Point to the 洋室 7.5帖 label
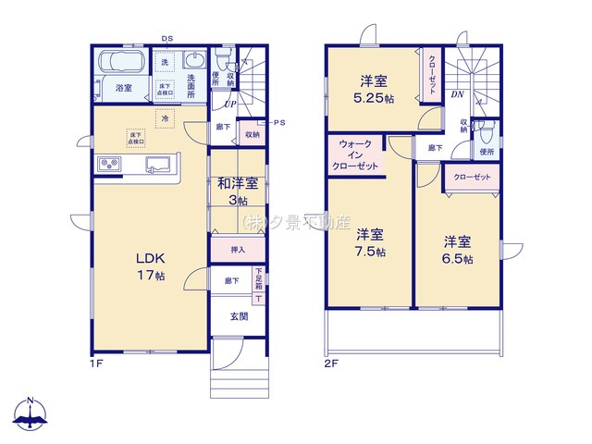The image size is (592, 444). [x=370, y=241]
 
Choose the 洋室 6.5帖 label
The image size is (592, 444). [x=457, y=250]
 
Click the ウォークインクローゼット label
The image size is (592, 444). [x=356, y=155]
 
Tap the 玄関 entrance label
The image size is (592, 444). [x=239, y=316]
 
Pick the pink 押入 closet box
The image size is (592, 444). [x=238, y=250]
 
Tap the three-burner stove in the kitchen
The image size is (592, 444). [x=109, y=165]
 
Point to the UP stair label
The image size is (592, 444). [x=230, y=104]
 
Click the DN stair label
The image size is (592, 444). [x=457, y=94]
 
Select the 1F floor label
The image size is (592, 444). [x=96, y=364]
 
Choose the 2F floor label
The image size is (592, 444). [x=330, y=364]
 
